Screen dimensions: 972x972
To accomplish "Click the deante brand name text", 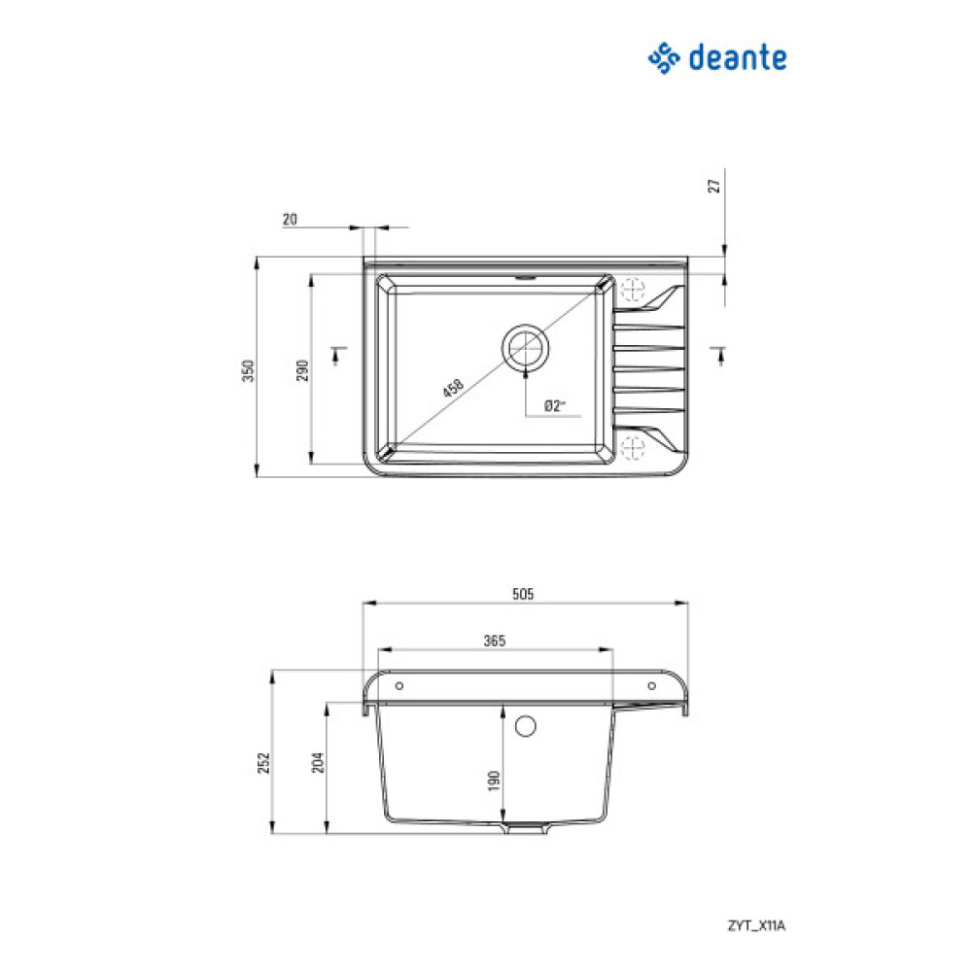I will coord(738,58).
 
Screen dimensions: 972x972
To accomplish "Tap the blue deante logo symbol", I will coord(664,58).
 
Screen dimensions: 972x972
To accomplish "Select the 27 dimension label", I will coord(714,187).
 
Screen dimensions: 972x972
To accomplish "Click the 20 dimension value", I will coord(290,220).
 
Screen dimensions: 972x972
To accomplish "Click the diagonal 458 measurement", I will coord(452,388).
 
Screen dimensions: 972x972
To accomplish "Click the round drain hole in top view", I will coord(526,345).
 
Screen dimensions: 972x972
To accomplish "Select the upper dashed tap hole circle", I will coord(633,290).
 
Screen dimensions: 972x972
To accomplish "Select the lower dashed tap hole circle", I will coord(633,448).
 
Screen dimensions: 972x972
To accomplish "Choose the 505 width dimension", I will coord(525,593).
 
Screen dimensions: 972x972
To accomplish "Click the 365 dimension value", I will coord(495,641).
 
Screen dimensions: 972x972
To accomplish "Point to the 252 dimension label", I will coord(263,764).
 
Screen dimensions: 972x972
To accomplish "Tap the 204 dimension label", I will coord(317,764).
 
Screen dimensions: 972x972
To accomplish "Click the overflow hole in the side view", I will coord(526,725).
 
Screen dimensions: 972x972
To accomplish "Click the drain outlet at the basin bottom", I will coord(526,830).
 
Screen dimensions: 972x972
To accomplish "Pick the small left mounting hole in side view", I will coord(399,685).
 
